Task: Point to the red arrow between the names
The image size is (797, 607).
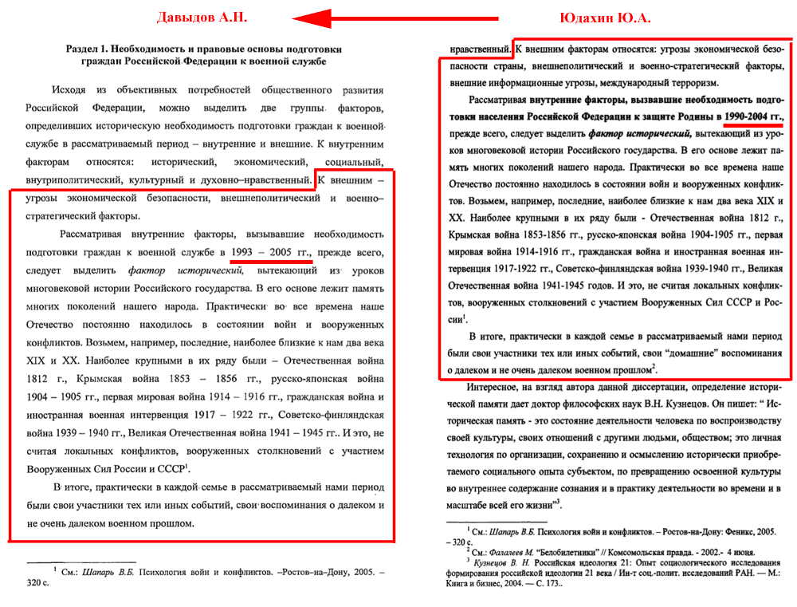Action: tap(395, 18)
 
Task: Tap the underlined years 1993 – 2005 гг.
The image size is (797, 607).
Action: tap(270, 253)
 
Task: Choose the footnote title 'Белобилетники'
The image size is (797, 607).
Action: tap(567, 552)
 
